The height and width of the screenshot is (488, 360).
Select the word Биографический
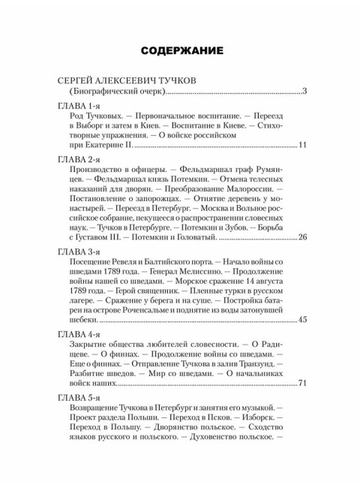[101, 92]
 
